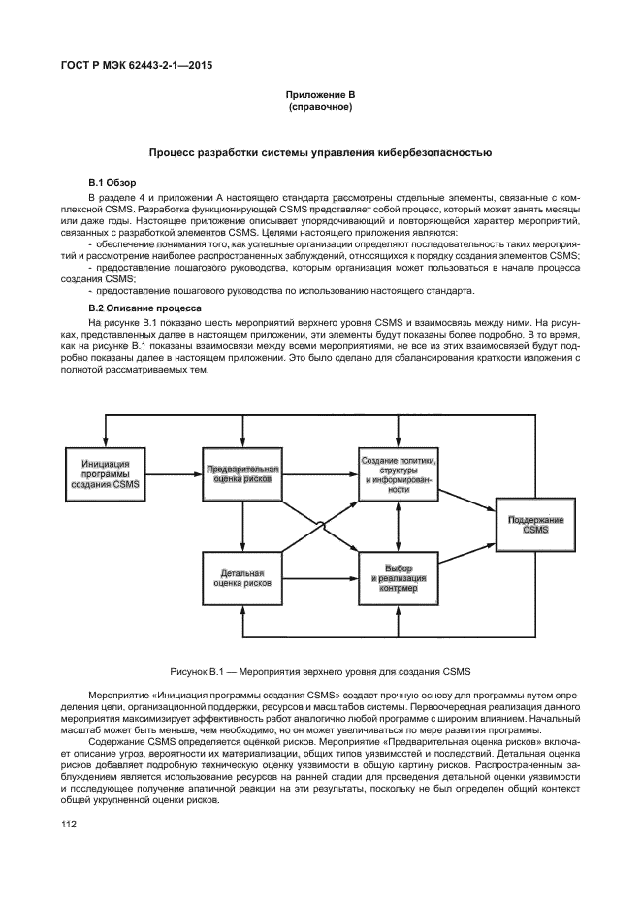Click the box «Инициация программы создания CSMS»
[104, 473]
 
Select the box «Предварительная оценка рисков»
[241, 473]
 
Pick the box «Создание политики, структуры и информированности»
[399, 473]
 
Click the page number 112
[70, 825]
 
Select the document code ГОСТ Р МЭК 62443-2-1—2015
[136, 66]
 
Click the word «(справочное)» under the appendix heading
[320, 107]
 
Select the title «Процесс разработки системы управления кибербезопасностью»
[320, 152]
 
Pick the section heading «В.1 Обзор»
[110, 182]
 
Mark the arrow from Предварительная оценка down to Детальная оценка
[241, 528]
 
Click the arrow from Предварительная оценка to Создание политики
[320, 473]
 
